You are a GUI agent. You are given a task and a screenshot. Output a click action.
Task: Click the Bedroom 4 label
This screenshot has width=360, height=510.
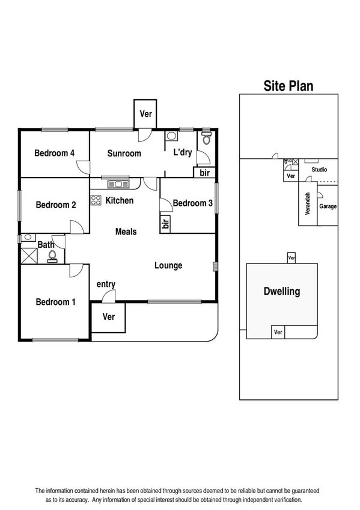(54, 153)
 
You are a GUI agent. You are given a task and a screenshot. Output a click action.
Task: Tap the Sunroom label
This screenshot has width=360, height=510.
(124, 153)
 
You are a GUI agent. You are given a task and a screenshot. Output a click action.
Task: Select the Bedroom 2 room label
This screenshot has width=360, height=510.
(56, 205)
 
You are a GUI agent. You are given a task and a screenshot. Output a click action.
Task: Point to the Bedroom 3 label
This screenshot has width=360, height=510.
(192, 203)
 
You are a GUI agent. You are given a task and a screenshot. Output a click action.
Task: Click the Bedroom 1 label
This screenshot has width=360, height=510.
(55, 302)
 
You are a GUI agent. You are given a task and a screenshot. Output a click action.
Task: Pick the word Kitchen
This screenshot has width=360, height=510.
(119, 200)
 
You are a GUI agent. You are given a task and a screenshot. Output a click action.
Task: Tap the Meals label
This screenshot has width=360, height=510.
(126, 232)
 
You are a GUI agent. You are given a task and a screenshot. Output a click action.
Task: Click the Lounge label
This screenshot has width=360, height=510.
(168, 265)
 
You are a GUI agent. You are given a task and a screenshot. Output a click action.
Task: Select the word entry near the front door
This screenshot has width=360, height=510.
(106, 284)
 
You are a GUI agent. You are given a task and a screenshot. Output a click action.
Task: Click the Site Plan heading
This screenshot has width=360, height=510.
(288, 86)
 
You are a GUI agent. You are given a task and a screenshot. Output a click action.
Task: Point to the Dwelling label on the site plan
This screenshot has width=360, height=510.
(282, 292)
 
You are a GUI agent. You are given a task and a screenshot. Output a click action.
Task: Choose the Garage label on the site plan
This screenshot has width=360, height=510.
(328, 206)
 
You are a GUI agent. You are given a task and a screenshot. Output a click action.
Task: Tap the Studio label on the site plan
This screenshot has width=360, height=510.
(319, 170)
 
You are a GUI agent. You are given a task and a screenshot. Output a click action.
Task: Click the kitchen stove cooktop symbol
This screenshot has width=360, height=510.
(96, 200)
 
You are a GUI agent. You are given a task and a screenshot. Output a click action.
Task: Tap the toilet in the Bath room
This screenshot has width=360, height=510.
(52, 256)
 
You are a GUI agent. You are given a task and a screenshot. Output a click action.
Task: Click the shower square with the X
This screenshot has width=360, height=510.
(28, 255)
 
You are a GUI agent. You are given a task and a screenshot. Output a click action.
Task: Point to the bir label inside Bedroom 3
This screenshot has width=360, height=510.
(165, 224)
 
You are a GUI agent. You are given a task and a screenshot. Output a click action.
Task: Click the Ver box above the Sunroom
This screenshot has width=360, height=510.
(145, 114)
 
